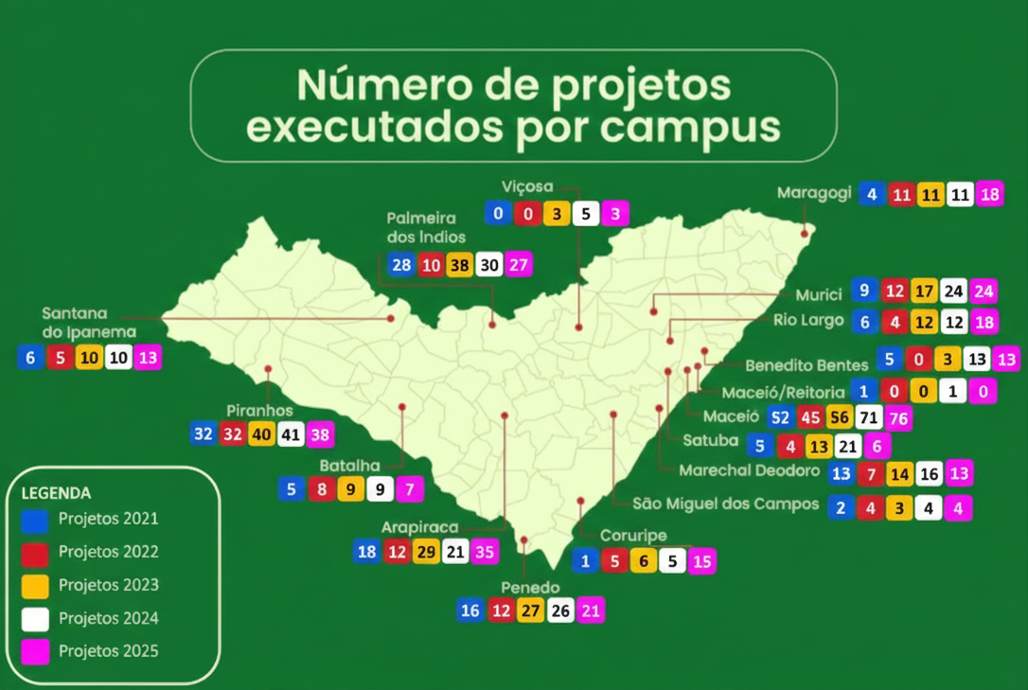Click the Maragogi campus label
click(814, 193)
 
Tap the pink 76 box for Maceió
click(897, 417)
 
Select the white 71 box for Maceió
click(868, 417)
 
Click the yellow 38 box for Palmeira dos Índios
click(459, 265)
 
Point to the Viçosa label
click(527, 186)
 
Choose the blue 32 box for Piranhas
click(203, 434)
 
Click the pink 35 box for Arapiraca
click(484, 552)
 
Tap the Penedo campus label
click(530, 588)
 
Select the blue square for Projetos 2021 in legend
click(35, 520)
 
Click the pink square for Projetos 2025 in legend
click(35, 652)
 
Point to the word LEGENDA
click(56, 493)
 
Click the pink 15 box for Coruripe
click(701, 561)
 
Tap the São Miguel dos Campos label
click(725, 504)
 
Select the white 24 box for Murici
click(954, 291)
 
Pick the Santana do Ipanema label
click(89, 323)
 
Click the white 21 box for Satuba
click(848, 446)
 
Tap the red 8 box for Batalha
click(322, 489)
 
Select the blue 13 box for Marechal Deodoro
click(841, 473)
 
